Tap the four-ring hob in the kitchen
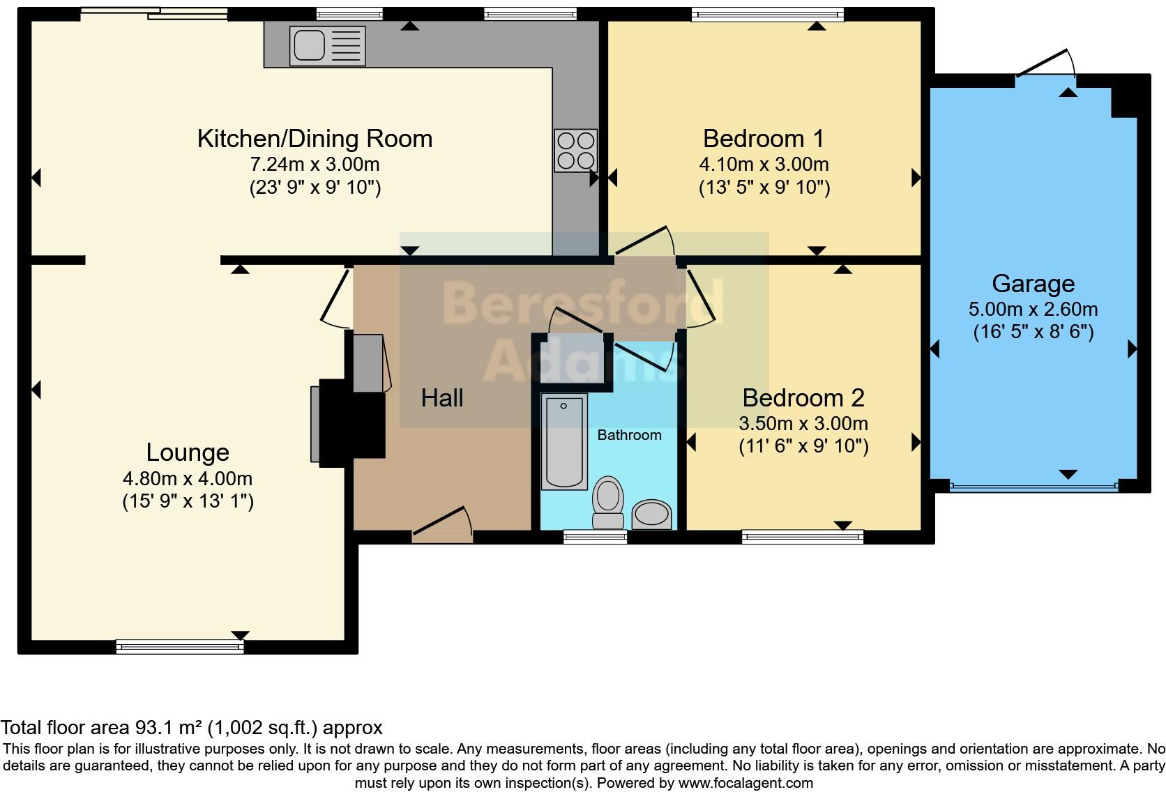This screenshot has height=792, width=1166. pyautogui.click(x=576, y=151)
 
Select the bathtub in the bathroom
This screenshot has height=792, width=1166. pyautogui.click(x=564, y=441)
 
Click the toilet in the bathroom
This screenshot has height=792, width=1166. pyautogui.click(x=607, y=503)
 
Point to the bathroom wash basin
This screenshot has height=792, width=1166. pyautogui.click(x=652, y=515)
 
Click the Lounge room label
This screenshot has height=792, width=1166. pyautogui.click(x=188, y=452)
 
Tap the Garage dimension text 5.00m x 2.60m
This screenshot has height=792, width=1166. pyautogui.click(x=1033, y=309)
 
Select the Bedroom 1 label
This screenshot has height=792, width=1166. pyautogui.click(x=764, y=139)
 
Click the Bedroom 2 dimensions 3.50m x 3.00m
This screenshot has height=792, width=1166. pyautogui.click(x=803, y=423)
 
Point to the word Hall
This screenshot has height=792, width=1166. pyautogui.click(x=442, y=398)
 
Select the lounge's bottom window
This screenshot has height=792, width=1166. pyautogui.click(x=180, y=647)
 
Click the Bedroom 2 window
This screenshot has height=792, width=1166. pyautogui.click(x=803, y=536)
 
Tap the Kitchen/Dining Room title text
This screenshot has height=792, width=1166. pyautogui.click(x=315, y=139)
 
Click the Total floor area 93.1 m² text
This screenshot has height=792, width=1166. pyautogui.click(x=191, y=728)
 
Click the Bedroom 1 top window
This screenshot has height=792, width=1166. pyautogui.click(x=767, y=14)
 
